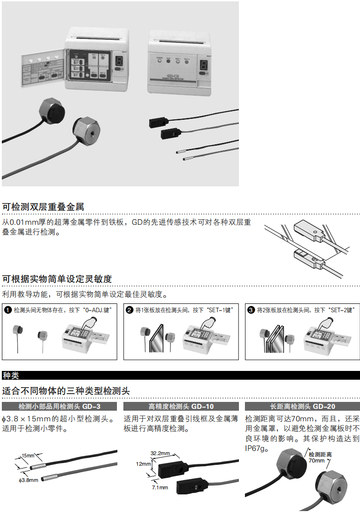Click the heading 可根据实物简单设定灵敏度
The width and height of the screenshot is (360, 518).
[x=57, y=279]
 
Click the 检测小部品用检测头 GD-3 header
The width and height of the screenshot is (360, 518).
[x=59, y=407]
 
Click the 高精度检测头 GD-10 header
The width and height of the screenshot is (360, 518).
[x=181, y=407]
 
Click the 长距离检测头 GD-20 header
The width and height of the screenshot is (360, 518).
[x=302, y=407]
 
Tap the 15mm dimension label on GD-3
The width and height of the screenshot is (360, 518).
[x=28, y=456]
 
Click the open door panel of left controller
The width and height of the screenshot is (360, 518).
[x=43, y=73]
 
